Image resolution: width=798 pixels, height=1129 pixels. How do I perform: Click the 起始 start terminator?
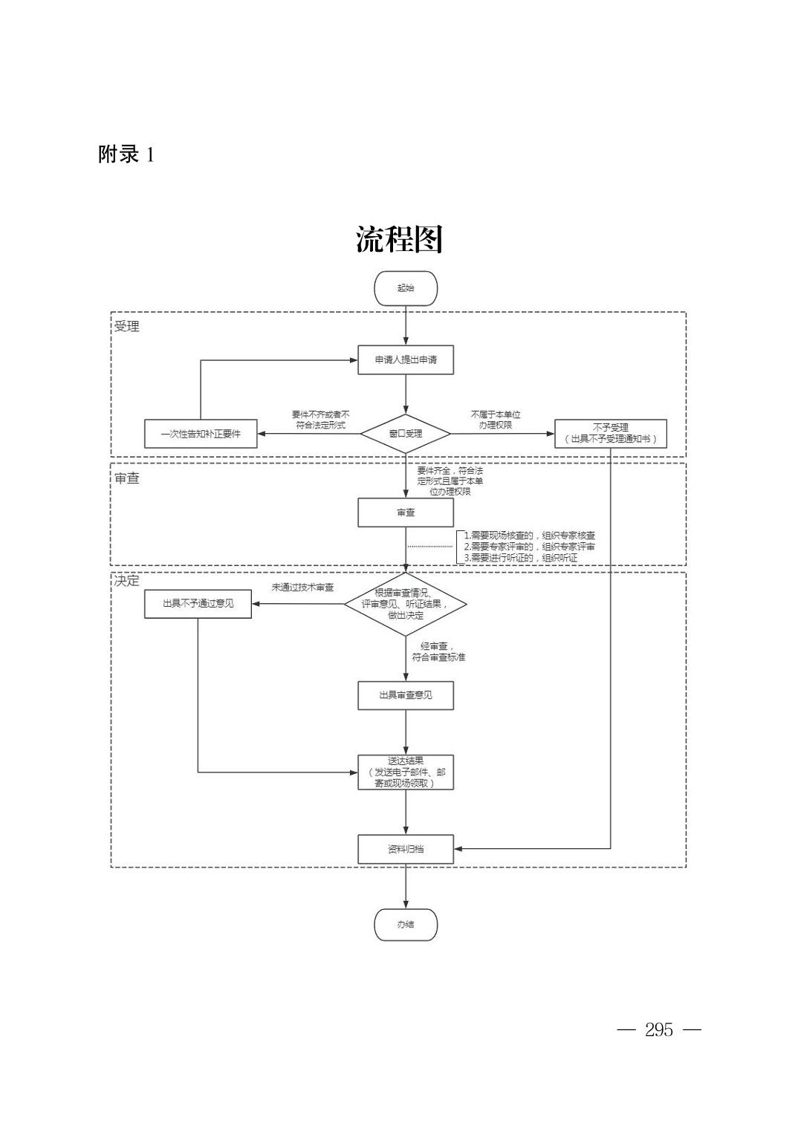406,288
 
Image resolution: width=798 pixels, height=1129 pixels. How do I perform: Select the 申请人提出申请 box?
406,359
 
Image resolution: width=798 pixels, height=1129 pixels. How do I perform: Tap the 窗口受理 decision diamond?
406,434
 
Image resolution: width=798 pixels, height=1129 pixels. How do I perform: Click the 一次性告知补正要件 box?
201,434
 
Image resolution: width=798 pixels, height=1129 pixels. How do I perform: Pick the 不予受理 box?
610,434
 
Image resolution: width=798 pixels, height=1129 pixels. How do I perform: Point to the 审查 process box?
406,513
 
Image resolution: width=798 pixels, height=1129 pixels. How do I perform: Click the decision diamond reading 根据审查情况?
406,604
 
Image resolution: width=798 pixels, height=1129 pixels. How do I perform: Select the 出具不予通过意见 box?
198,604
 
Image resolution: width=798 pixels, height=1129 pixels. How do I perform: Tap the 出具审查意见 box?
406,695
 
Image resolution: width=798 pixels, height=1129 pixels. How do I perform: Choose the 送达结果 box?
406,772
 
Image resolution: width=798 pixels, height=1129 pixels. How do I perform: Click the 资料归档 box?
406,849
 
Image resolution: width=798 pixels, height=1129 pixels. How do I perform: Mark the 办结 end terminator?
406,925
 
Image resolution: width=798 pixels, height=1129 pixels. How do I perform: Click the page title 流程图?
399,239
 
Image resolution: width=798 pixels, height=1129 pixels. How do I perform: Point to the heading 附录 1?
126,154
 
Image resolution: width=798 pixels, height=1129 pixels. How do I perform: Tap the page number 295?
659,1029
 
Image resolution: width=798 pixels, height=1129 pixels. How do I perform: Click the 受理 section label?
126,326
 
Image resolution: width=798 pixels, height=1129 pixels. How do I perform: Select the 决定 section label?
126,581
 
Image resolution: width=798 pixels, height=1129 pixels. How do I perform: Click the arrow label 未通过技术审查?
302,588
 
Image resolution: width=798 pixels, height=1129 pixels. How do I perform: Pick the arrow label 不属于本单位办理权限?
496,420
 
